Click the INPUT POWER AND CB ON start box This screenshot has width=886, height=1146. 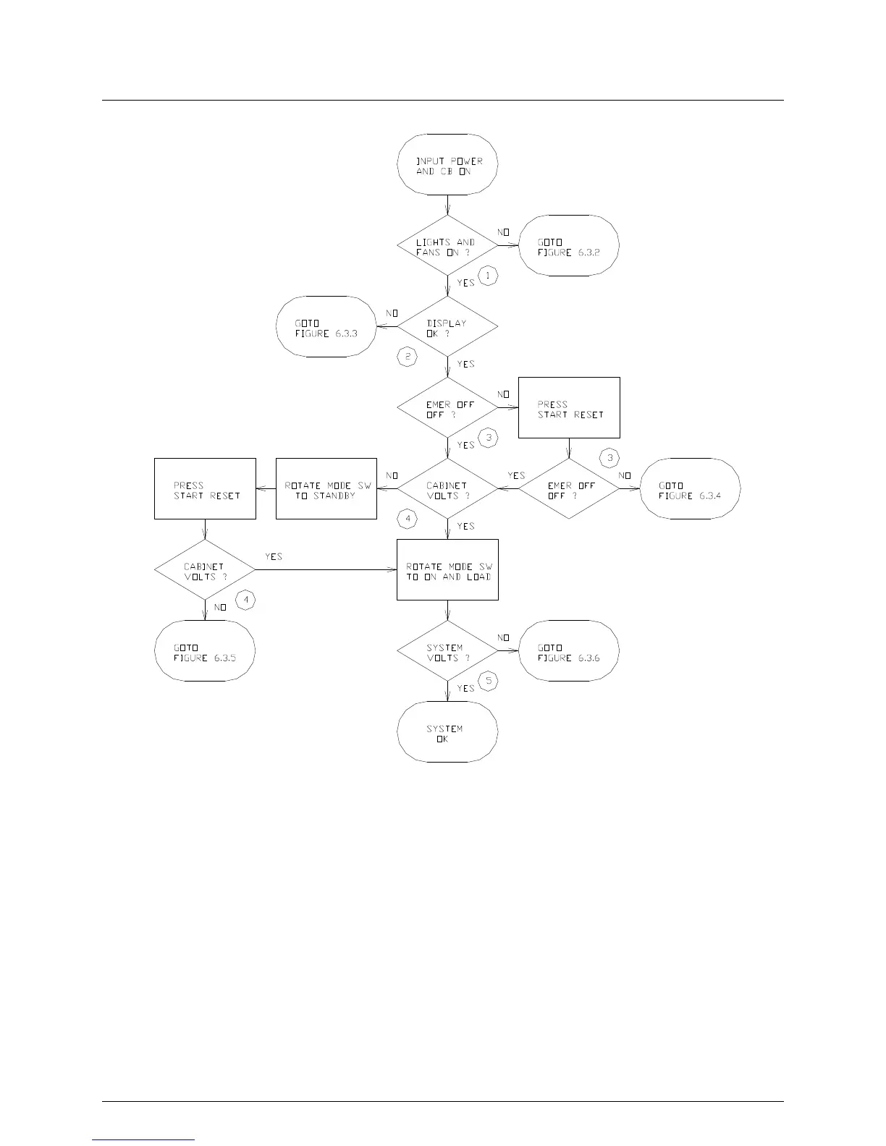tap(447, 164)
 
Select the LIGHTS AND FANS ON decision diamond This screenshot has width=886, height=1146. tap(447, 245)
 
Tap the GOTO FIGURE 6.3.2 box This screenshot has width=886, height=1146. tap(569, 245)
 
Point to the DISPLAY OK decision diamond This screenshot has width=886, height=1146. tap(447, 326)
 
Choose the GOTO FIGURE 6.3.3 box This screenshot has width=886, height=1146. tap(326, 326)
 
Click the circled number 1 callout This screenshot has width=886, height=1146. tap(489, 276)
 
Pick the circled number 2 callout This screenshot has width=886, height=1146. tap(408, 357)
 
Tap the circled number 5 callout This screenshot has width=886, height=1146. tap(489, 681)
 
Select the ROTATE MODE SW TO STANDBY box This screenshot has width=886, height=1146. tap(326, 488)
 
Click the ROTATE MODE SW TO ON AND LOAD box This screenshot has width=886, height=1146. tap(447, 569)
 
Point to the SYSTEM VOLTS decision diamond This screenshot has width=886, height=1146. tap(447, 650)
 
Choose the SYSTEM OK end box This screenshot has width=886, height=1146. tap(447, 731)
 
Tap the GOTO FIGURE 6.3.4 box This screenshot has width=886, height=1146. tap(691, 488)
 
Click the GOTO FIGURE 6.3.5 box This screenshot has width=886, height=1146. tap(205, 650)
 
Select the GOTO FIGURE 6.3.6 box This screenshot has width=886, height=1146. tap(569, 650)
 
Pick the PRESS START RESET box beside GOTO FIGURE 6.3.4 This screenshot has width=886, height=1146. tap(569, 407)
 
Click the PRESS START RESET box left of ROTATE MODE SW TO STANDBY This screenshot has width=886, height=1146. tap(205, 488)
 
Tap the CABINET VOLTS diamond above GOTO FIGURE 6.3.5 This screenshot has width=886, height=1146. tap(205, 569)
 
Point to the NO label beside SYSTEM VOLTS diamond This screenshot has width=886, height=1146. tap(503, 638)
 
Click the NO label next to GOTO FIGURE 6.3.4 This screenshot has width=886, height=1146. tap(625, 476)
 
